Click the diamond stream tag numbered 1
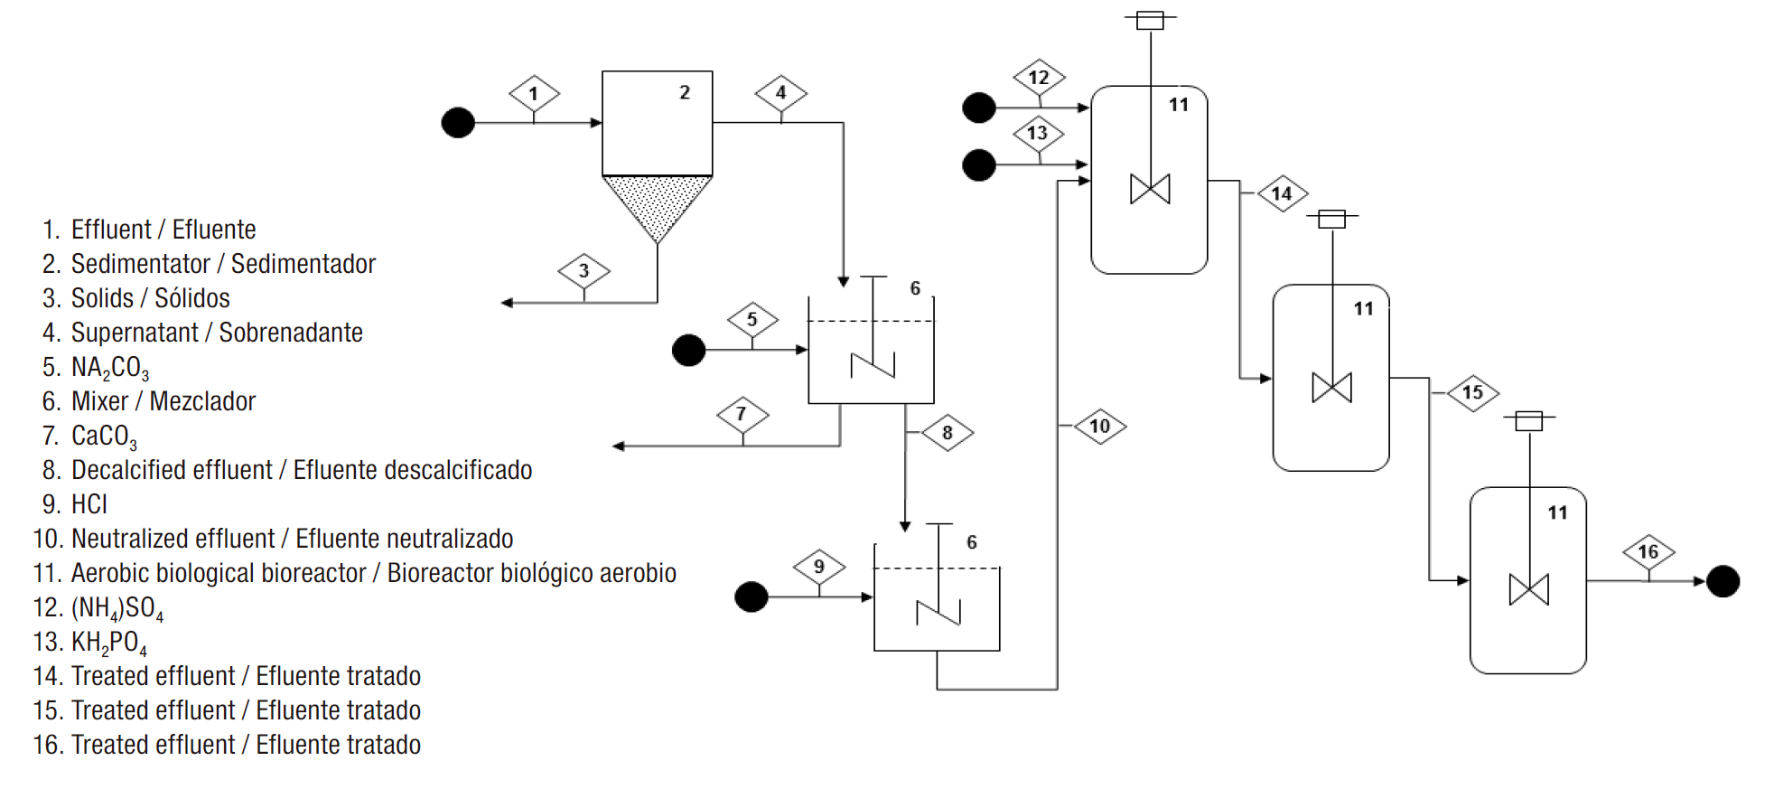point(534,93)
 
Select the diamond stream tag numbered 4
point(781,92)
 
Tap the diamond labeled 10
point(1099,426)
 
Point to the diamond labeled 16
point(1648,551)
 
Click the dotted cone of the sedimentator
point(657,203)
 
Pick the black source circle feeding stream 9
point(752,596)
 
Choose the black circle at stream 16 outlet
point(1723,581)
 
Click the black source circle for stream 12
point(979,108)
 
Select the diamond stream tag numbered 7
point(742,414)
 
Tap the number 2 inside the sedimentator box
point(685,92)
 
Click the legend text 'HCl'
point(89,504)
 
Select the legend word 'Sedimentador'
point(303,264)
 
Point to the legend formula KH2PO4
point(108,643)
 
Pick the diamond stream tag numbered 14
point(1282,193)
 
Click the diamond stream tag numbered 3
point(584,270)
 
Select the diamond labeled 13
point(1038,133)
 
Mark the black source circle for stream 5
point(688,350)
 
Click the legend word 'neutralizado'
point(449,539)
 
